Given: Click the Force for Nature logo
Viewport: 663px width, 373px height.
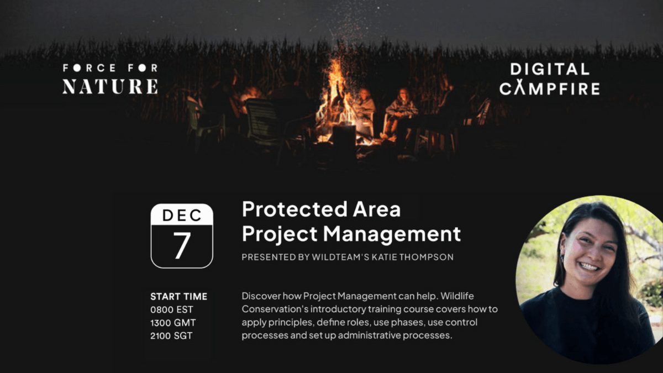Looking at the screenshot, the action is (x=110, y=79).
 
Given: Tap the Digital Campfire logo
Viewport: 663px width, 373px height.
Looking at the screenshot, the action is (x=550, y=79).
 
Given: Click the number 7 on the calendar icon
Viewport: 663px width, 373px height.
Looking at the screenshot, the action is (x=182, y=245).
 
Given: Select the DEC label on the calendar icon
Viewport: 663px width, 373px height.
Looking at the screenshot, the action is (x=182, y=215).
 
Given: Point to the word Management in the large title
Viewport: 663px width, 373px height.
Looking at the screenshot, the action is (x=392, y=234).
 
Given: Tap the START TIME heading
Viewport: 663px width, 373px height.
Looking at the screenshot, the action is (x=179, y=296).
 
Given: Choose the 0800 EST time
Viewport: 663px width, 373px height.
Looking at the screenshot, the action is (x=172, y=309).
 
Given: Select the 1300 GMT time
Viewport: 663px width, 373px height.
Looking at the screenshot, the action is (x=173, y=323).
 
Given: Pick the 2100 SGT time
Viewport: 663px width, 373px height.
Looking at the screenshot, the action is (x=171, y=336).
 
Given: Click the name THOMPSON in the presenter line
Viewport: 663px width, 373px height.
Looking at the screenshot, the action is (x=427, y=257).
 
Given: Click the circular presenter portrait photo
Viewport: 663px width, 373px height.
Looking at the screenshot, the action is (x=589, y=280).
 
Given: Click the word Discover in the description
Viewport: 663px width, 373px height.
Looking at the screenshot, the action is (x=261, y=296).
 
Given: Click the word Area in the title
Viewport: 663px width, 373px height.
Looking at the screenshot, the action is (x=377, y=209).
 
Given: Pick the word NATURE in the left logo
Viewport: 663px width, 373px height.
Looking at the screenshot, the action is (x=110, y=87).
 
